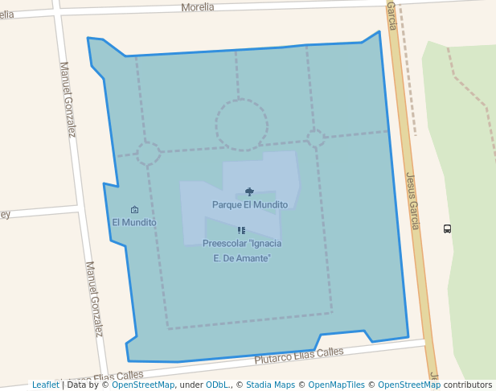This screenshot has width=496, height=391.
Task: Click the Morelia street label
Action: [198, 7]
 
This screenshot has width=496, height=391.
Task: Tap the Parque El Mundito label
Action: [249, 204]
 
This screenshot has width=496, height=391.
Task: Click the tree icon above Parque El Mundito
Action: [249, 191]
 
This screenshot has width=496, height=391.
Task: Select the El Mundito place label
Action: [134, 222]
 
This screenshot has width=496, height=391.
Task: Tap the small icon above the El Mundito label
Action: [134, 210]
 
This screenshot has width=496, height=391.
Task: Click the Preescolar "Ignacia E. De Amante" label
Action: [242, 250]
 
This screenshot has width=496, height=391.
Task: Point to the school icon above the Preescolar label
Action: [241, 231]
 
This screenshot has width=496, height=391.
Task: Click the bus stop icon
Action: [447, 228]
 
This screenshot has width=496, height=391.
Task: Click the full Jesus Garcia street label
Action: [412, 201]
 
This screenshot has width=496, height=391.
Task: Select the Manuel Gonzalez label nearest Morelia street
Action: [67, 99]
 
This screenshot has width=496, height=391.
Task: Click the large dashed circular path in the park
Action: [241, 126]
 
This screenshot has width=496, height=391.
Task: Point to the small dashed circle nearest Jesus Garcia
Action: [315, 138]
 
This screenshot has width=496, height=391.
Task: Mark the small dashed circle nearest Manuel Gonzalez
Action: [148, 153]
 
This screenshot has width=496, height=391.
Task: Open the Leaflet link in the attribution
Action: [46, 385]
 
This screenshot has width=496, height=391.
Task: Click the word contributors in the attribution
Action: [468, 385]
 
